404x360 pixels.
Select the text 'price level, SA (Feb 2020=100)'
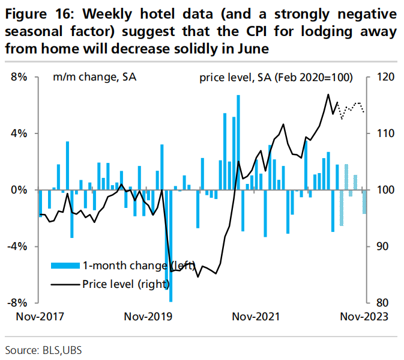coord(276,77)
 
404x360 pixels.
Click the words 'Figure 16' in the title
coord(37,15)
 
